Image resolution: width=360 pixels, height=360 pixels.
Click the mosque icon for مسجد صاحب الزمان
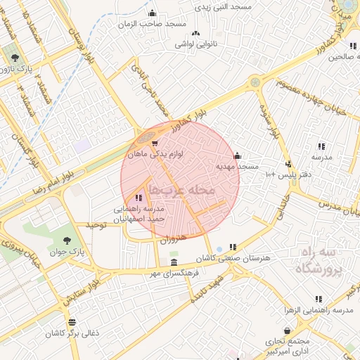(x=153, y=13)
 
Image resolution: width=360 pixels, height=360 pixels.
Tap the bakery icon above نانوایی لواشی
(x=195, y=33)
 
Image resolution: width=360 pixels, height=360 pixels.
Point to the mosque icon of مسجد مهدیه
(x=237, y=156)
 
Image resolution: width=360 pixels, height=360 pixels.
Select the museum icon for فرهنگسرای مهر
(x=174, y=262)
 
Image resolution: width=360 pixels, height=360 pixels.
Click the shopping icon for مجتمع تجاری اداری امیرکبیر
(x=287, y=330)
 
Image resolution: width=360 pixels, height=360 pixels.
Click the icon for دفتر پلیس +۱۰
(x=286, y=164)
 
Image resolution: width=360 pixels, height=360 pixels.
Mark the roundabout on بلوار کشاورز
(x=254, y=82)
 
